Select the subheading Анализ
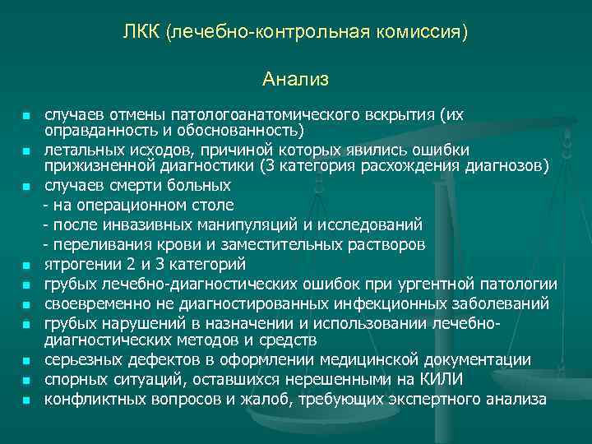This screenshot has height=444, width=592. [296, 80]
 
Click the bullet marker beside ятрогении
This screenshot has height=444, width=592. [26, 266]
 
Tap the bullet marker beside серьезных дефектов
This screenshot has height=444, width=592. [26, 361]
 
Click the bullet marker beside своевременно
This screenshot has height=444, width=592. [26, 305]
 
